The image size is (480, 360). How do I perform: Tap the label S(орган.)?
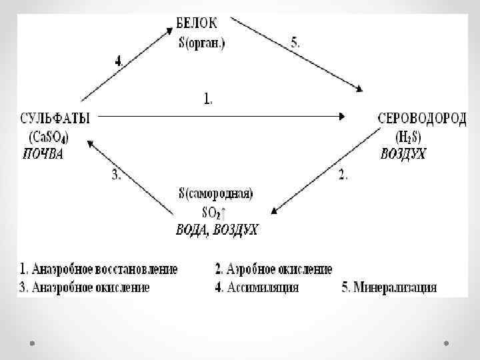(202, 44)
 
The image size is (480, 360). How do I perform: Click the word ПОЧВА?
(43, 154)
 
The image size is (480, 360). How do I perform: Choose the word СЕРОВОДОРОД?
(422, 117)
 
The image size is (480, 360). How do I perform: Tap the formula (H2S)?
(407, 137)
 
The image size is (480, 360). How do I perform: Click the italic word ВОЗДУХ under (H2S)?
(403, 154)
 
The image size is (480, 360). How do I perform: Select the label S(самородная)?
(215, 194)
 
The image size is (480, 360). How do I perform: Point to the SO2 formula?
(212, 212)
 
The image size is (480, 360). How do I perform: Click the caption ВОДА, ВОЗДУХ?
(217, 230)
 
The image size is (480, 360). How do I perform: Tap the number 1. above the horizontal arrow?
(208, 100)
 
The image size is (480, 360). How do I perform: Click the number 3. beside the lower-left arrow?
(115, 175)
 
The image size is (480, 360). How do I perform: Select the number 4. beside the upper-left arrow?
(119, 60)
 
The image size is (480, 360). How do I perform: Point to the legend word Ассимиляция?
(263, 288)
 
